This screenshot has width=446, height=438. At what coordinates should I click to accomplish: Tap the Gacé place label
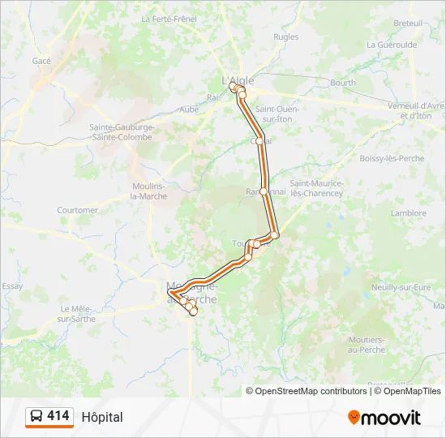tap(41, 61)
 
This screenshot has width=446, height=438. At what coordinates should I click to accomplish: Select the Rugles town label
tap(285, 36)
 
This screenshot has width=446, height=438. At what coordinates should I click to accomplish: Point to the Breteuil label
tap(409, 23)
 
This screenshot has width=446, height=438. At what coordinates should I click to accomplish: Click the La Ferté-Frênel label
tap(169, 19)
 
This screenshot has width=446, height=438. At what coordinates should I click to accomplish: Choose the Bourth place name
tap(343, 83)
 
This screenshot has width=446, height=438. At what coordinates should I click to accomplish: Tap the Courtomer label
tap(77, 210)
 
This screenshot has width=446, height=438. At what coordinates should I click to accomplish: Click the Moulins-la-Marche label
tap(149, 191)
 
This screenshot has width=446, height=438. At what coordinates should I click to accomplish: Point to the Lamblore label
tap(408, 213)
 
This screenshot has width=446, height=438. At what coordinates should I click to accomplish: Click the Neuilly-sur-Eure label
tap(401, 287)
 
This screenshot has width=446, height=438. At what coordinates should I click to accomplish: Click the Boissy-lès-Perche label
tap(392, 158)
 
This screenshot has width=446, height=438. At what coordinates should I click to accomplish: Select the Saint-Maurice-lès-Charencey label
tap(317, 188)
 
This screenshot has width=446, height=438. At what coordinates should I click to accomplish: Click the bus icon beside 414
tap(36, 417)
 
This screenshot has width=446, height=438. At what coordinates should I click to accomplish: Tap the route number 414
tap(58, 416)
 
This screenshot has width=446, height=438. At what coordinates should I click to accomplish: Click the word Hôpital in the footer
tap(102, 417)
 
